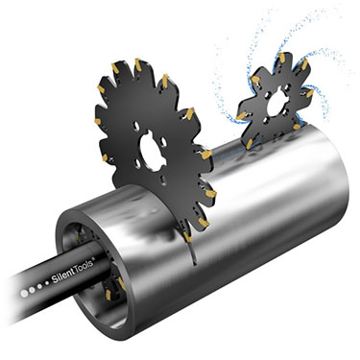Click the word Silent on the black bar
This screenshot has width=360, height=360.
[63, 275]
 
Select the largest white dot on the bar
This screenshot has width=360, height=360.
[24, 294]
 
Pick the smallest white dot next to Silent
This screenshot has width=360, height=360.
[47, 283]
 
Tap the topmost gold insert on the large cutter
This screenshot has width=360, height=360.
[138, 64]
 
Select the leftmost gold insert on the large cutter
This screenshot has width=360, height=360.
[98, 121]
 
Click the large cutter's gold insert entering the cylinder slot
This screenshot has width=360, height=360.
[188, 237]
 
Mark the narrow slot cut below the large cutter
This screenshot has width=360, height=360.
[191, 253]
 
